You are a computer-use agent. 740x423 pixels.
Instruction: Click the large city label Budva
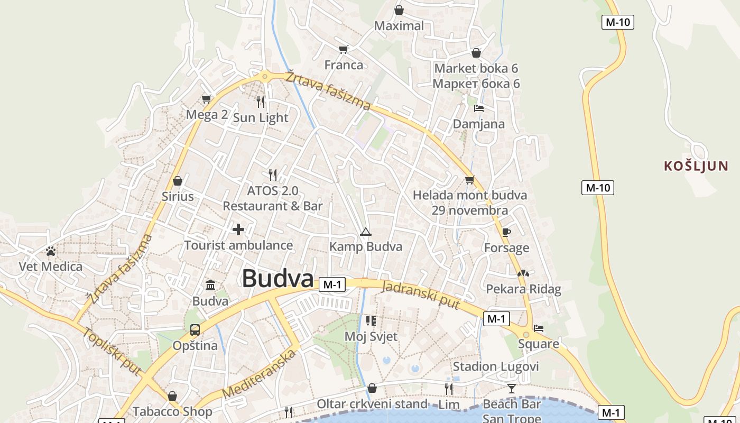coord(277,279)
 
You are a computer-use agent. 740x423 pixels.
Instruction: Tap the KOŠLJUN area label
coord(696,166)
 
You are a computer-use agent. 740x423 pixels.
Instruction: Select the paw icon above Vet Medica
coord(51,251)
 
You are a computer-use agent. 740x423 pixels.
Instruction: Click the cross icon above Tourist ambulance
coord(238,229)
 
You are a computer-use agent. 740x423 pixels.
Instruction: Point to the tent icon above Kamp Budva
coord(365,232)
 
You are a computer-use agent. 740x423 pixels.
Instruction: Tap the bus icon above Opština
coord(195,330)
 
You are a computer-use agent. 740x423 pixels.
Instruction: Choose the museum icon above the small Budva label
coord(210,286)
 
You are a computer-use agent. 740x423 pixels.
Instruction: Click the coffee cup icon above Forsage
coord(506,232)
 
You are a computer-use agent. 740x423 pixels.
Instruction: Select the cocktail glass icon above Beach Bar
coord(511,389)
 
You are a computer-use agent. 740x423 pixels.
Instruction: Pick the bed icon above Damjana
coord(478,108)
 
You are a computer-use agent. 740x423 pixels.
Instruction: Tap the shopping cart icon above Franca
coord(344,50)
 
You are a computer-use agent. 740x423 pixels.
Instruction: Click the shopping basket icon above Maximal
coord(399,10)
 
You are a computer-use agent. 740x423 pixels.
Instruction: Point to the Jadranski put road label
coord(420,295)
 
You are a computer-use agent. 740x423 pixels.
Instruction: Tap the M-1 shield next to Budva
coord(331,284)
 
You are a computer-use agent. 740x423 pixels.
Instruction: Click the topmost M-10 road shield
coord(617,22)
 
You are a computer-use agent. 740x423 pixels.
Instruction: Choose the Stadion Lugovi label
coord(495,366)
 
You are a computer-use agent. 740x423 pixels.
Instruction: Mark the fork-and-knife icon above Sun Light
coord(260,102)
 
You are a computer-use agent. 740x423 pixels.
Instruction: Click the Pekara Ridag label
coord(523,289)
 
